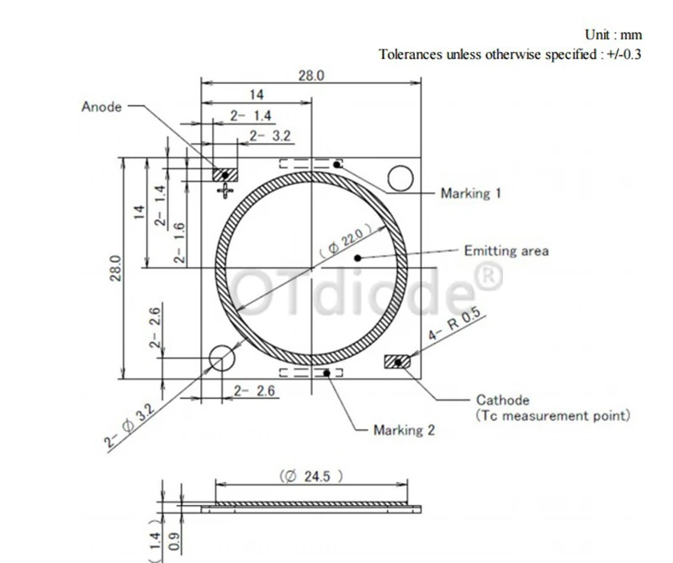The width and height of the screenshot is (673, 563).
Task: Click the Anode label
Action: point(102,107)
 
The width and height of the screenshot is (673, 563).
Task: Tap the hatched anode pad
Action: point(225,174)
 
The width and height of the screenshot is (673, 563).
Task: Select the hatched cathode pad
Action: point(396,362)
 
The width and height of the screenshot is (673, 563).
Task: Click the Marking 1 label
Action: point(471,194)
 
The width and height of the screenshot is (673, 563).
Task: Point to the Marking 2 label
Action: point(404,430)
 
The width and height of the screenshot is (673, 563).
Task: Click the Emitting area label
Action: point(506,251)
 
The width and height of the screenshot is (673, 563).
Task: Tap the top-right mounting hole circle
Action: point(400,178)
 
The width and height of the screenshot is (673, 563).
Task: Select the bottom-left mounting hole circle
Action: point(221,359)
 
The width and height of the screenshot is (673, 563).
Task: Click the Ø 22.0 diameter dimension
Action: point(342,241)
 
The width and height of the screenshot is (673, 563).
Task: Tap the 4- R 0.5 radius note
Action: point(453,325)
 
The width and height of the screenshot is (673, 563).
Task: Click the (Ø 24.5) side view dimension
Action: point(312,476)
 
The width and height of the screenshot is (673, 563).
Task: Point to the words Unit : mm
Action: point(613,35)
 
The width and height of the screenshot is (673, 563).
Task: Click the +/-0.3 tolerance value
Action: point(623,55)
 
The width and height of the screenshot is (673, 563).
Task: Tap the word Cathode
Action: point(502,401)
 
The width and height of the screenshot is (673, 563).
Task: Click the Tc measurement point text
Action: point(553,415)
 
